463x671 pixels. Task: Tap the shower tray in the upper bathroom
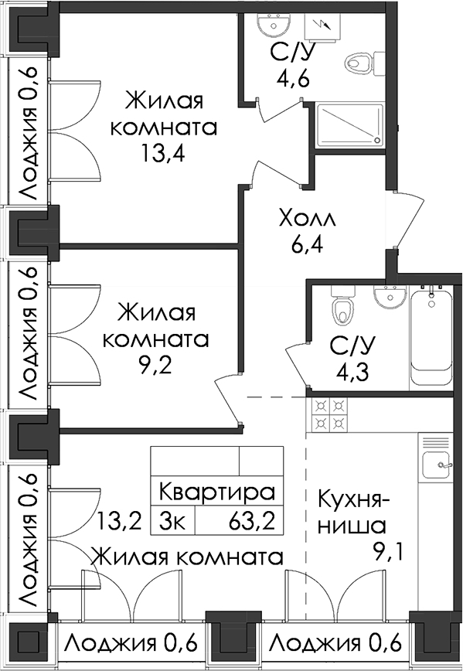click(x=350, y=125)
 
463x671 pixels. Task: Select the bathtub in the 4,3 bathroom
click(x=431, y=338)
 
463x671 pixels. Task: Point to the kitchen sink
click(x=437, y=465)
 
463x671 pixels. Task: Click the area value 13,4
click(x=163, y=153)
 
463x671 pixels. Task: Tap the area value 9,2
click(x=156, y=365)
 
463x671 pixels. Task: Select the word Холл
click(x=307, y=218)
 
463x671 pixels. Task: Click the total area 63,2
click(x=252, y=521)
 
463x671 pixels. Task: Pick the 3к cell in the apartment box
click(x=172, y=521)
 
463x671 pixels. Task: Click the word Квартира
click(x=217, y=492)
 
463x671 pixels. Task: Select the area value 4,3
click(x=352, y=371)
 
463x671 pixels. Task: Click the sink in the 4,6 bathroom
click(x=274, y=23)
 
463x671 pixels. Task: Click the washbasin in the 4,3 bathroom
click(x=390, y=296)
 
